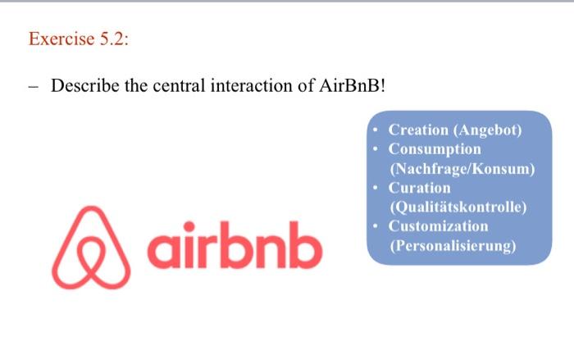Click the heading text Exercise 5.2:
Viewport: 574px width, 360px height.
[79, 40]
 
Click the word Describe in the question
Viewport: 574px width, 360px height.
[85, 87]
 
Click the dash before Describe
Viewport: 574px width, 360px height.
[34, 87]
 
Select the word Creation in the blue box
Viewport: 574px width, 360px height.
[419, 130]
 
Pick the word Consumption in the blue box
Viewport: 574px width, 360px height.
[435, 149]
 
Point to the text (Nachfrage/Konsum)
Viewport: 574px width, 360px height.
[462, 169]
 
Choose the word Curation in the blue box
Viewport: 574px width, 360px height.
[419, 188]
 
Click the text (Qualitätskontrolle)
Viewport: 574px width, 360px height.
[458, 207]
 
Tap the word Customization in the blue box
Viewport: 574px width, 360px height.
[438, 226]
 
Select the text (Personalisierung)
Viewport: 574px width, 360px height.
[453, 245]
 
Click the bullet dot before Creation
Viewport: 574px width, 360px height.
[376, 130]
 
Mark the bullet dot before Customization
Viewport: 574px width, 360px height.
[376, 226]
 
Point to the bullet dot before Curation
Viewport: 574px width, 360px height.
[376, 188]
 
